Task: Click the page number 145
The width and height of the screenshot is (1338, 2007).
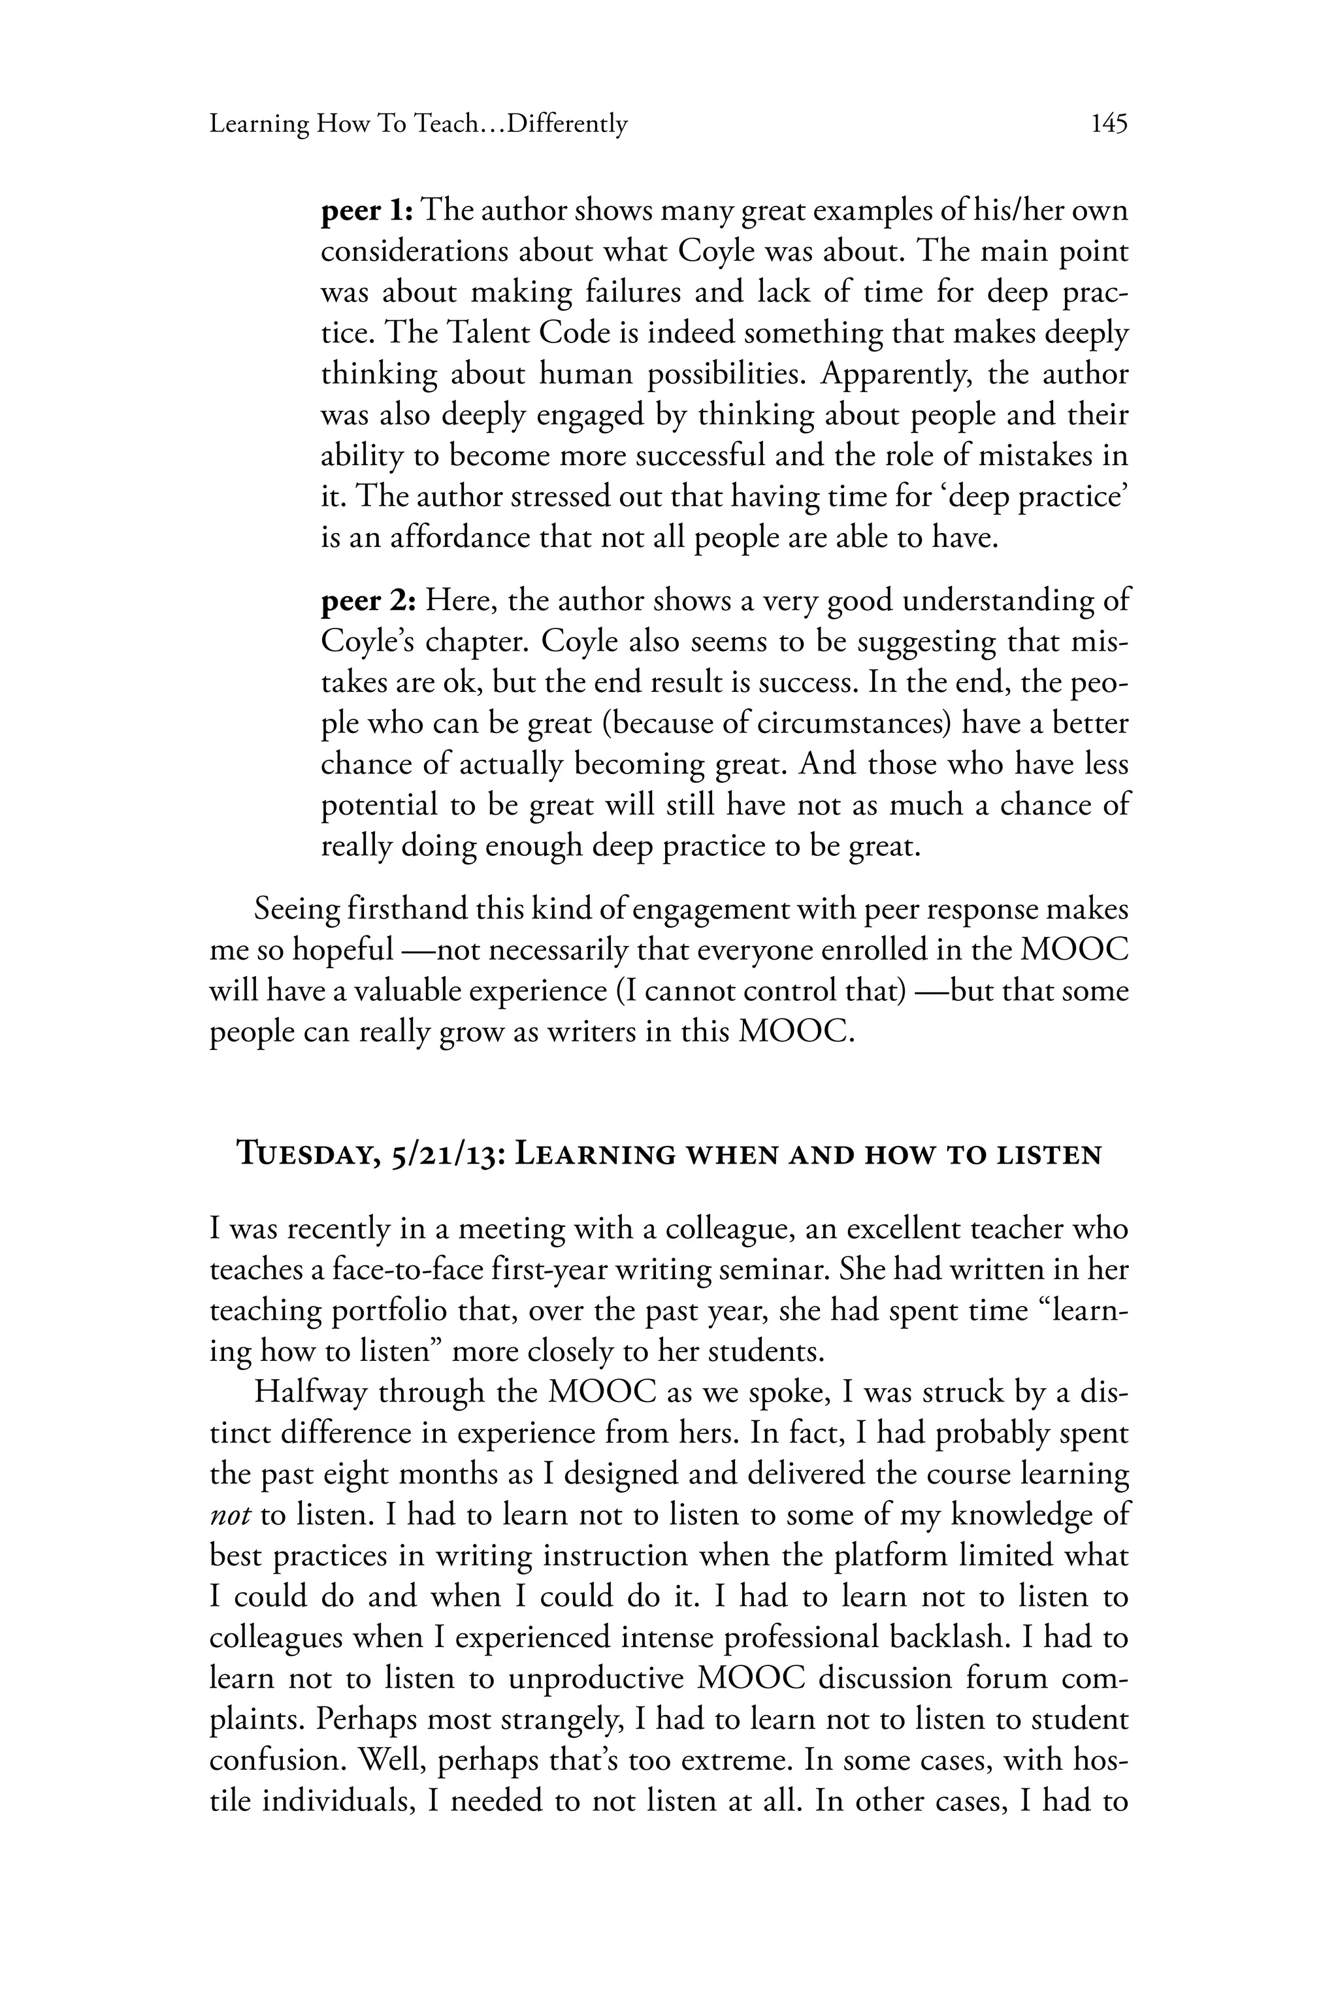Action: (x=1109, y=125)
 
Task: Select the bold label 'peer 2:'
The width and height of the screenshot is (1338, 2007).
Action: (x=368, y=602)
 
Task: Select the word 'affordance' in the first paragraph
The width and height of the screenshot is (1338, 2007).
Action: (x=460, y=539)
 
